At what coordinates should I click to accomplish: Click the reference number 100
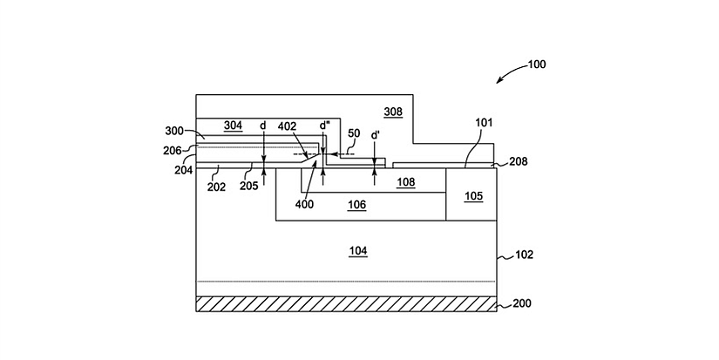pyautogui.click(x=538, y=64)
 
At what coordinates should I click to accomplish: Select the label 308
pyautogui.click(x=392, y=111)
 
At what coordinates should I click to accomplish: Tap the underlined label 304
pyautogui.click(x=233, y=126)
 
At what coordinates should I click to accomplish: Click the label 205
pyautogui.click(x=248, y=186)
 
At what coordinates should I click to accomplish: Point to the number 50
pyautogui.click(x=354, y=132)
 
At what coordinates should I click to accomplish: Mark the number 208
pyautogui.click(x=517, y=161)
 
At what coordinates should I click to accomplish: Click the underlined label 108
pyautogui.click(x=405, y=182)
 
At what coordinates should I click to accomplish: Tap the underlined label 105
pyautogui.click(x=472, y=196)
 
